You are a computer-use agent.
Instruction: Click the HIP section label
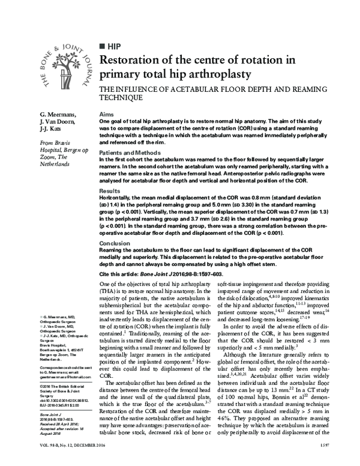(x=114, y=46)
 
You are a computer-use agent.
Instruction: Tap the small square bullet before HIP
(x=101, y=46)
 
